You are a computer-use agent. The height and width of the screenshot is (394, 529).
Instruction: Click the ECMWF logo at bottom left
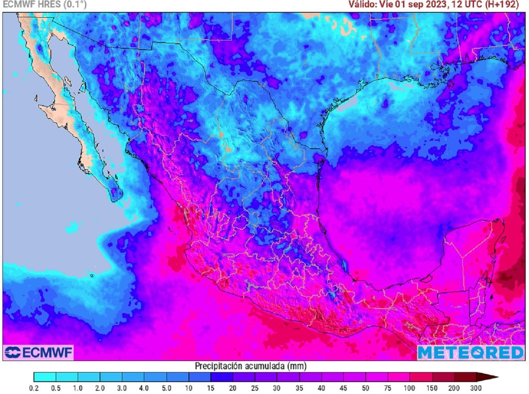click(x=39, y=353)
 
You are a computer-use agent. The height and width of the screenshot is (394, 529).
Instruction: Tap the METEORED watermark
click(x=470, y=353)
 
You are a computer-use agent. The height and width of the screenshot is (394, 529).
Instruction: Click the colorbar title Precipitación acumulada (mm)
click(x=251, y=366)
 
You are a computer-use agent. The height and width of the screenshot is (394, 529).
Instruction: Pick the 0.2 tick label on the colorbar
click(x=34, y=388)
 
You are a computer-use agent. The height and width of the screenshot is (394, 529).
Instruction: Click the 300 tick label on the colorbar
click(x=476, y=388)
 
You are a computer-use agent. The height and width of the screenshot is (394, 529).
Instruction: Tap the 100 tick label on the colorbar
click(x=410, y=388)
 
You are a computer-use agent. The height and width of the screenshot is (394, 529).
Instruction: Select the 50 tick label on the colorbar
click(x=365, y=388)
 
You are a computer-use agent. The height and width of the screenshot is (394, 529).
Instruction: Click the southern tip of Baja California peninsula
click(x=115, y=199)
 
